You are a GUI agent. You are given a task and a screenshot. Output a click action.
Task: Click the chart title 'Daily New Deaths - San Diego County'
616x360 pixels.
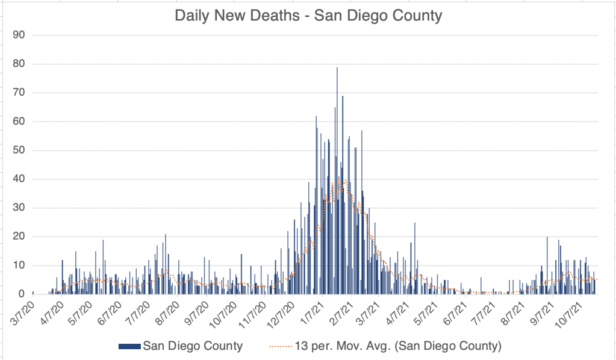(308, 16)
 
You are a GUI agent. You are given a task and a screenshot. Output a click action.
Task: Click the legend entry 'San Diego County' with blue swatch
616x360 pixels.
(181, 346)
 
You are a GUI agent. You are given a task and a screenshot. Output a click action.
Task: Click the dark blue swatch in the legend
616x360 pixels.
(129, 346)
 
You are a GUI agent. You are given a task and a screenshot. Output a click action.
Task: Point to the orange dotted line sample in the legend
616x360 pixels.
(280, 346)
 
